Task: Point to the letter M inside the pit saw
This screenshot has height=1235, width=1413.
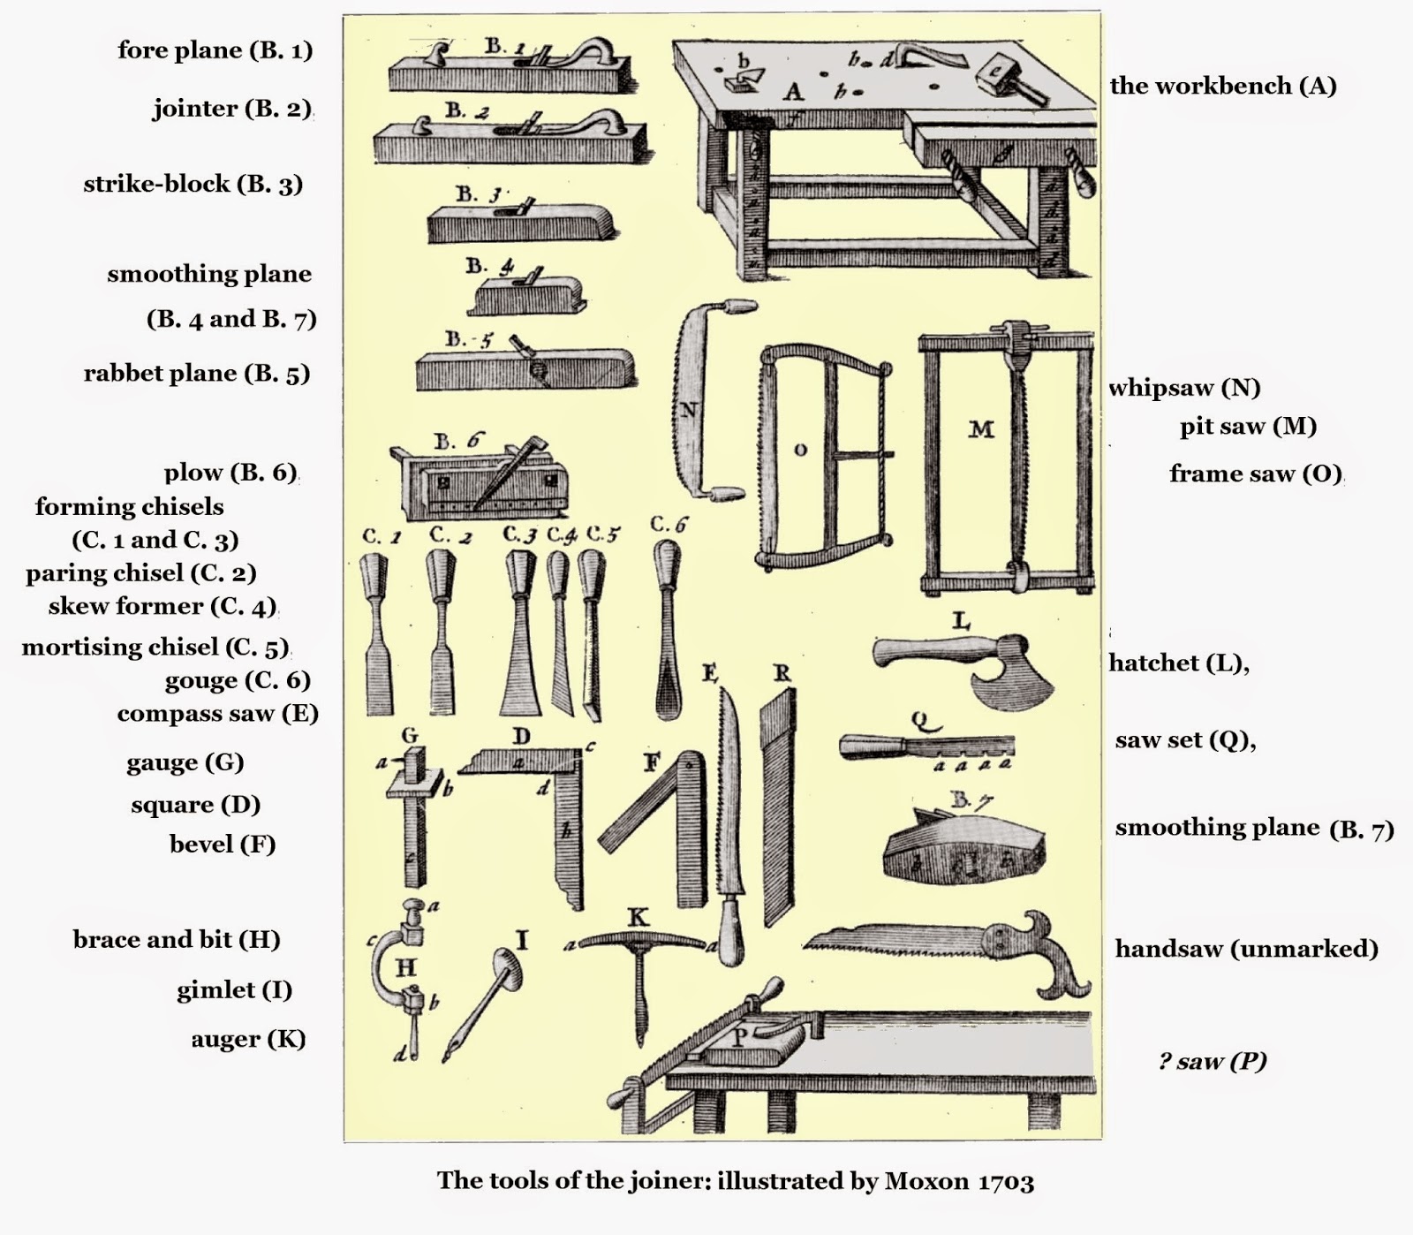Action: [x=981, y=430]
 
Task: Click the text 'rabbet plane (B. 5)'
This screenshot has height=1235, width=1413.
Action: [x=196, y=374]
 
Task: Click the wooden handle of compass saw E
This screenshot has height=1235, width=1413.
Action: [x=730, y=932]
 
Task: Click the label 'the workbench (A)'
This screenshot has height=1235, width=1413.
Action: [x=1222, y=86]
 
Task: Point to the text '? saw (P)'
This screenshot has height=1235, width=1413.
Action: [x=1212, y=1061]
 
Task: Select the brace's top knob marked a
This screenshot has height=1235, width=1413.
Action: [x=412, y=907]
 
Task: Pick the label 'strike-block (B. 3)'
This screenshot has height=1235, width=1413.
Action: [x=193, y=184]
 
